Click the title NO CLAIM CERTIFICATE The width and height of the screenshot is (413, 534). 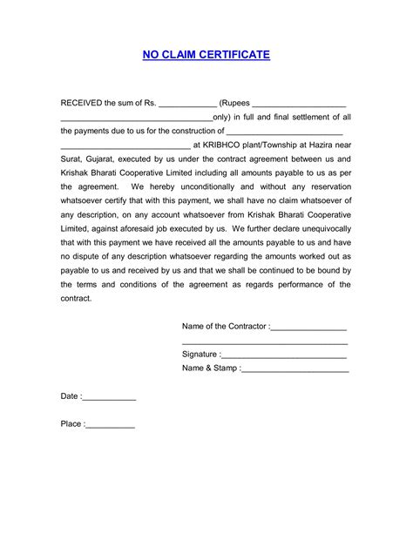(x=206, y=55)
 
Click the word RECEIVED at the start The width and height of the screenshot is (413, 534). (x=82, y=103)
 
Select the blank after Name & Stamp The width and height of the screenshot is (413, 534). (x=295, y=370)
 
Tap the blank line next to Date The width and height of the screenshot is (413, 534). (x=110, y=398)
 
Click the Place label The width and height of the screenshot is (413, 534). (x=71, y=424)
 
